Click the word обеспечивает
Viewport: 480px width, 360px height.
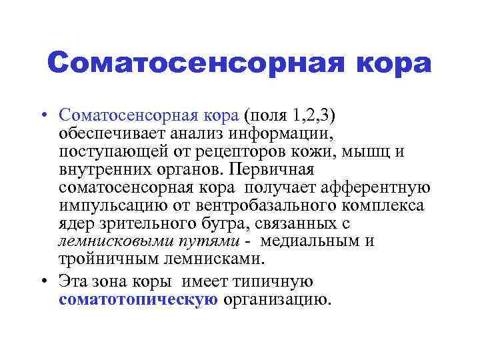pos(111,133)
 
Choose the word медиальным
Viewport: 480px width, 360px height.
pos(310,241)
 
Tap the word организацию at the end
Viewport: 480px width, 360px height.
pos(277,300)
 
